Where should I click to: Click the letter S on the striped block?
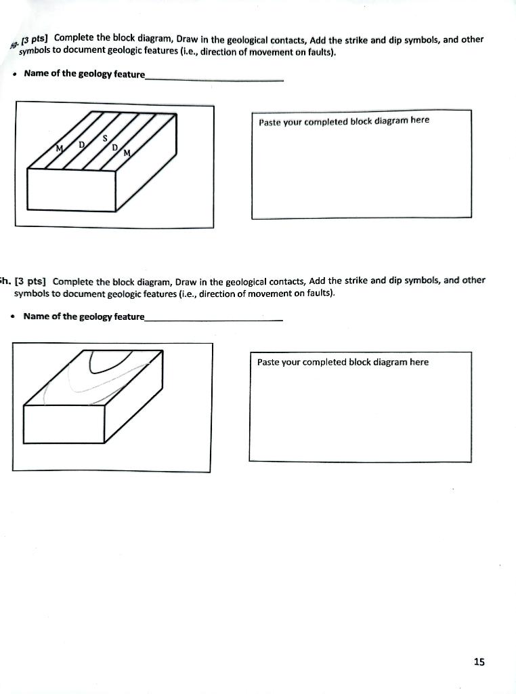point(105,138)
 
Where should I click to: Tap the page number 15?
point(479,661)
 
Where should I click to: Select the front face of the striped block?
point(72,190)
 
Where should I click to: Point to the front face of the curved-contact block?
point(65,424)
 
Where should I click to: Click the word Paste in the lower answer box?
point(268,362)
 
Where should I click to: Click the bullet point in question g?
point(14,74)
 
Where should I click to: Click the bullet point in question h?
point(14,317)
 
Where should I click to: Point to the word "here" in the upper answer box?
point(420,120)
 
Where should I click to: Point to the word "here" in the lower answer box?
point(419,362)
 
